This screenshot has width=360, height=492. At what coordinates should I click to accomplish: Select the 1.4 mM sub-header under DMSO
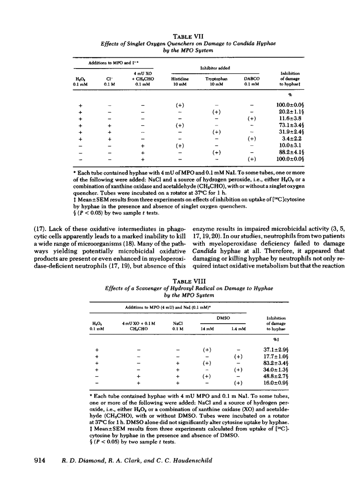click(x=239, y=329)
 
